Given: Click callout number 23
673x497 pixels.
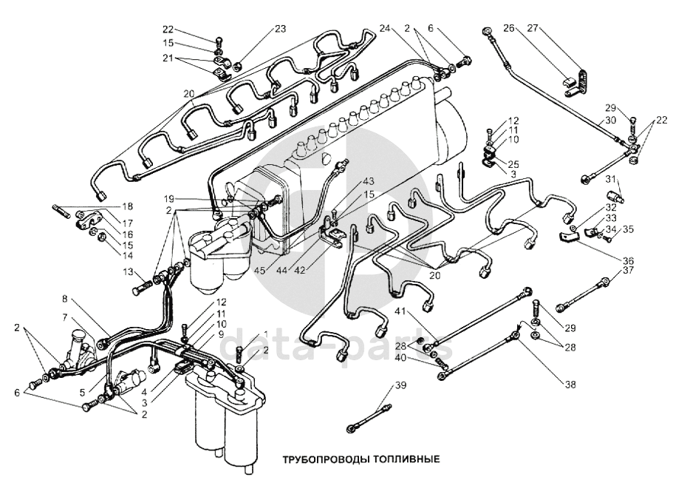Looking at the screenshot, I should (281, 30).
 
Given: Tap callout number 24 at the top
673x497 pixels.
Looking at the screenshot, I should (384, 28).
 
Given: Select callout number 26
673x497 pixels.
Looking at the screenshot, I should (508, 28).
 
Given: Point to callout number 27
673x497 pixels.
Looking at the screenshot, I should (532, 28).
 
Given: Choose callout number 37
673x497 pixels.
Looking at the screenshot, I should (628, 270).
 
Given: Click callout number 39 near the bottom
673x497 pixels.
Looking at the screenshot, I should (401, 385).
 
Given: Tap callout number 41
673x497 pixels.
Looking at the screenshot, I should (400, 311).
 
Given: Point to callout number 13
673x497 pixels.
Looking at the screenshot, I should (127, 271).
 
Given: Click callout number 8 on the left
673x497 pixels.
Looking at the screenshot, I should (65, 300).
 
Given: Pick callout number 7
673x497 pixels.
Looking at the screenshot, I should (65, 317).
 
